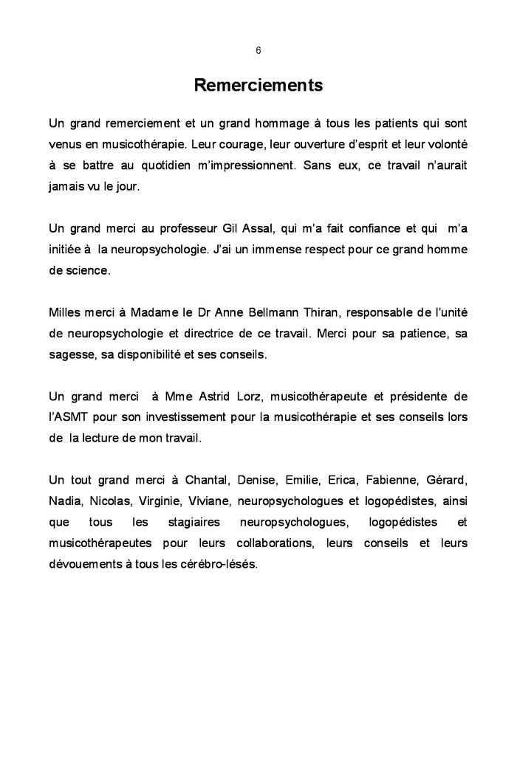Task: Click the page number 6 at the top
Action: pos(258,50)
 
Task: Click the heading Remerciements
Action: pos(258,86)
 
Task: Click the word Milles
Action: pos(66,312)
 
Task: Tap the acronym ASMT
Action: pos(72,418)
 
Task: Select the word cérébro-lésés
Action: pos(218,566)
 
